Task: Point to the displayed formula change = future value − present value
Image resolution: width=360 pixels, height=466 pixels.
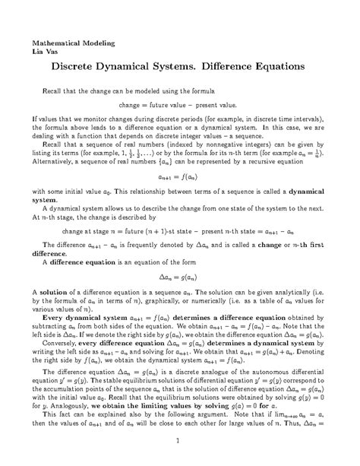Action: [x=179, y=104]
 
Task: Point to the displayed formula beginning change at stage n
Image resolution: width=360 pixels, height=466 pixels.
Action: [x=179, y=232]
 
